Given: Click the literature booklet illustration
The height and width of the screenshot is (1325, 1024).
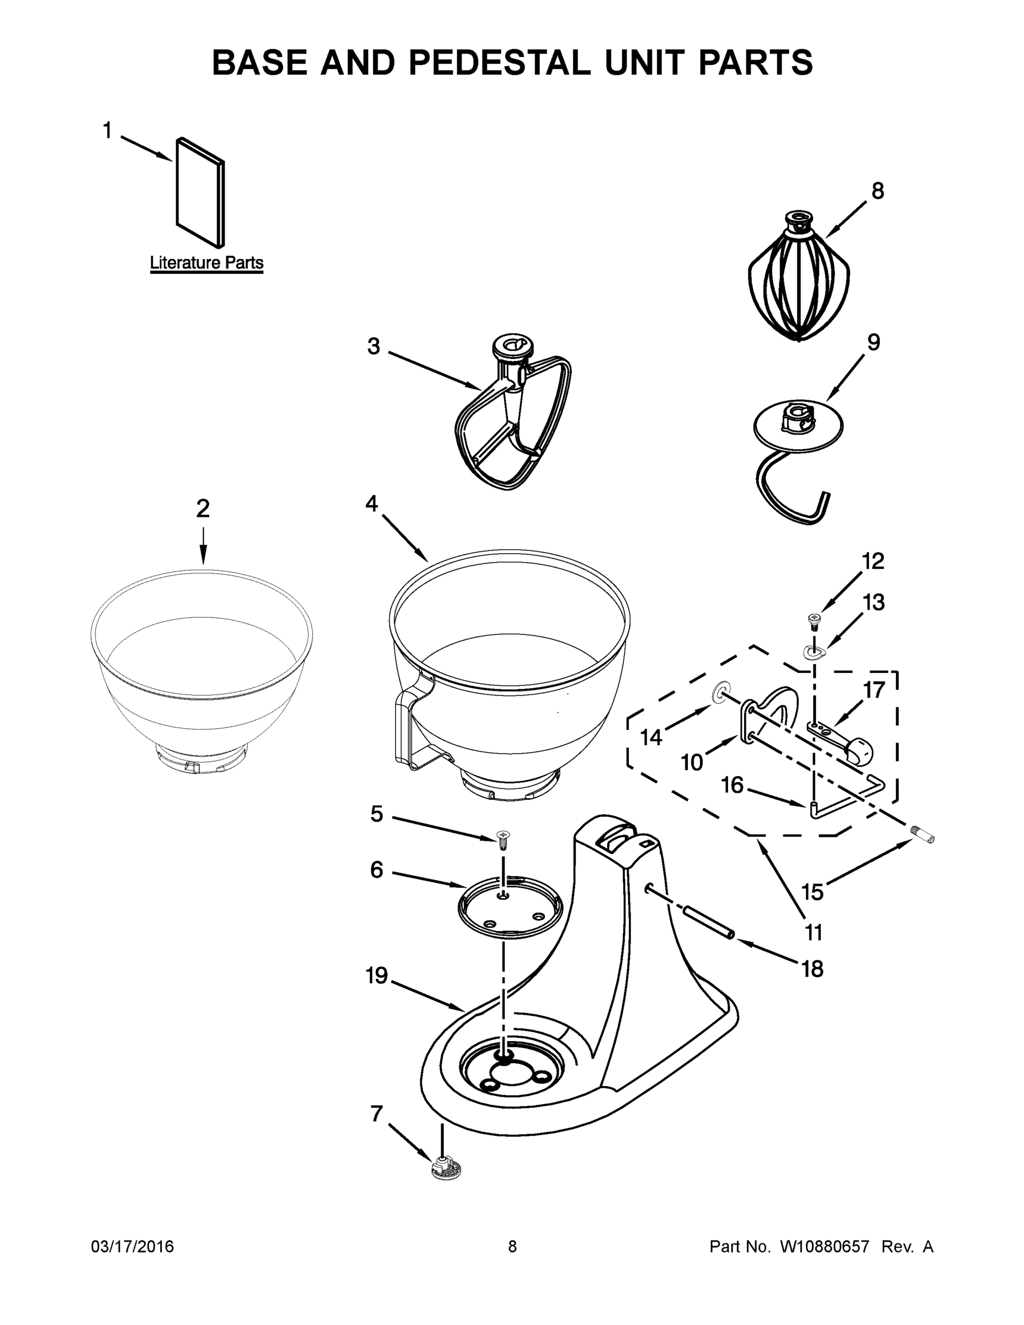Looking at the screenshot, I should pyautogui.click(x=200, y=192).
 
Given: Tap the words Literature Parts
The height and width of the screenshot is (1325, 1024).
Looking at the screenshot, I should pyautogui.click(x=206, y=263).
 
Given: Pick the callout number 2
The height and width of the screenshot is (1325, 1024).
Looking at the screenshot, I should pyautogui.click(x=203, y=508).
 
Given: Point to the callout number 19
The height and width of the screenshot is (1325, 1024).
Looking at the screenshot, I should pyautogui.click(x=376, y=976).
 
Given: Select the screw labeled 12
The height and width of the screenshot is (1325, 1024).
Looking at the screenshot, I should pyautogui.click(x=814, y=620).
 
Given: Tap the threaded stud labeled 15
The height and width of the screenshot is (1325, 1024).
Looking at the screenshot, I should pyautogui.click(x=924, y=836).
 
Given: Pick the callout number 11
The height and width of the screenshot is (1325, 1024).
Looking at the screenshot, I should pyautogui.click(x=813, y=932).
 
